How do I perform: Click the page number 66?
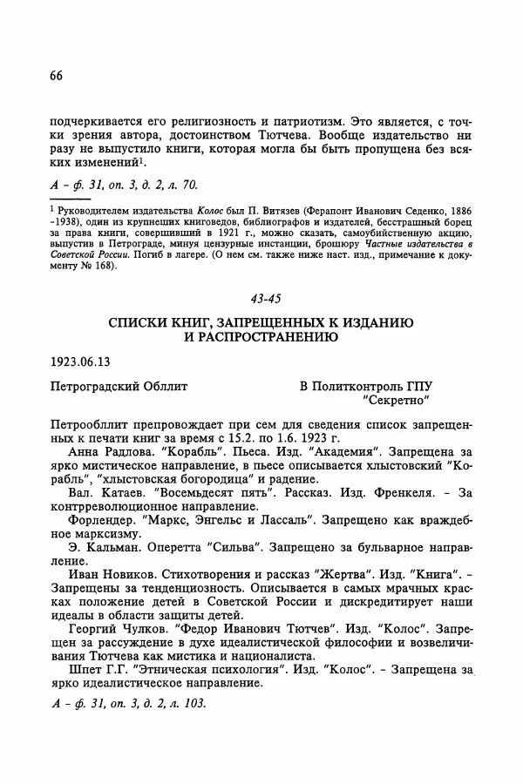point(57,76)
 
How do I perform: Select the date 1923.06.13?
point(86,360)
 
